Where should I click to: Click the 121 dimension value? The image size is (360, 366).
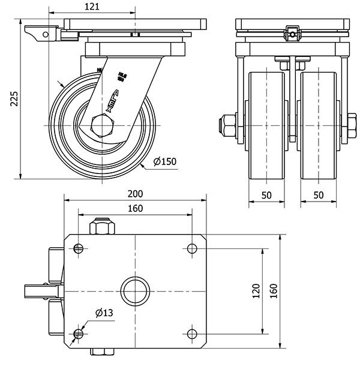pos(92,7)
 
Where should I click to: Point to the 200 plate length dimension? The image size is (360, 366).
pos(136,193)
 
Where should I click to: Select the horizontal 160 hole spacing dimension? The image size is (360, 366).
pos(136,208)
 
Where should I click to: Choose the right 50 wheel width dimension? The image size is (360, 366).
pos(319,195)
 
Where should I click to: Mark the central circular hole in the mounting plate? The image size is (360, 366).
pos(136,291)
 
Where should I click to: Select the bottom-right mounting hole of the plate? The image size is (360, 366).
pos(191,333)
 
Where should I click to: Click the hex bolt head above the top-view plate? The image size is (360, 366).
pos(101,228)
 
